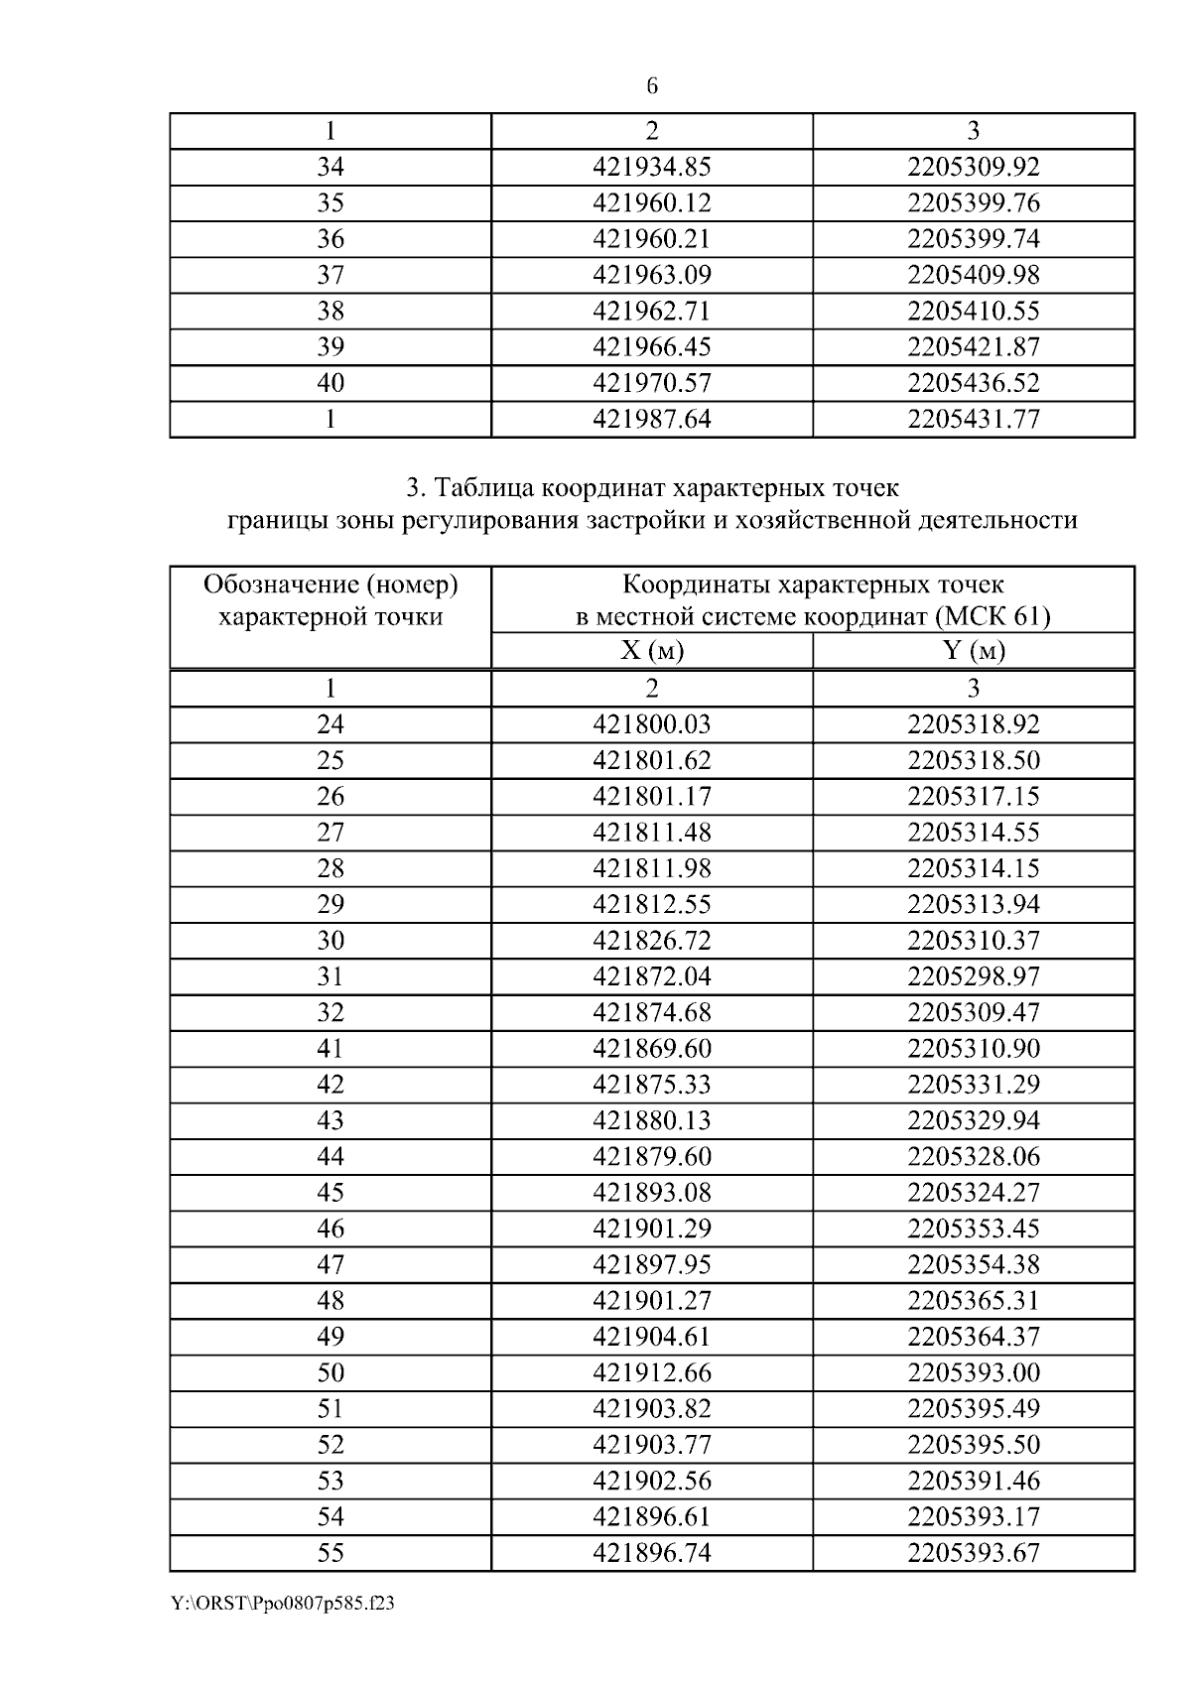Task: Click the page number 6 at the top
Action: point(651,86)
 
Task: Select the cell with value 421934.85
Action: point(651,167)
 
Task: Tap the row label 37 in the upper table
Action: point(330,275)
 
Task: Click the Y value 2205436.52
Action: point(973,383)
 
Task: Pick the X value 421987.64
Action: point(651,419)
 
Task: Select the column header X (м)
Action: point(651,651)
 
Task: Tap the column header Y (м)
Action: point(973,651)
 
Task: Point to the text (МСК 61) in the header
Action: point(992,617)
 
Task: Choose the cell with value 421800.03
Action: point(651,724)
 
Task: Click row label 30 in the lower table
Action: point(330,941)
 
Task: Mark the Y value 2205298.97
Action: point(973,976)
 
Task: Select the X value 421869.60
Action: point(651,1049)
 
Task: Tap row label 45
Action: point(330,1193)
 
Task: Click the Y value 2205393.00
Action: point(973,1373)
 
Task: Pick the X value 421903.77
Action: point(651,1445)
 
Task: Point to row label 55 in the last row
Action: point(330,1553)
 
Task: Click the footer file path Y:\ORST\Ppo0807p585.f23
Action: point(283,1605)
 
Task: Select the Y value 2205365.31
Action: point(973,1301)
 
